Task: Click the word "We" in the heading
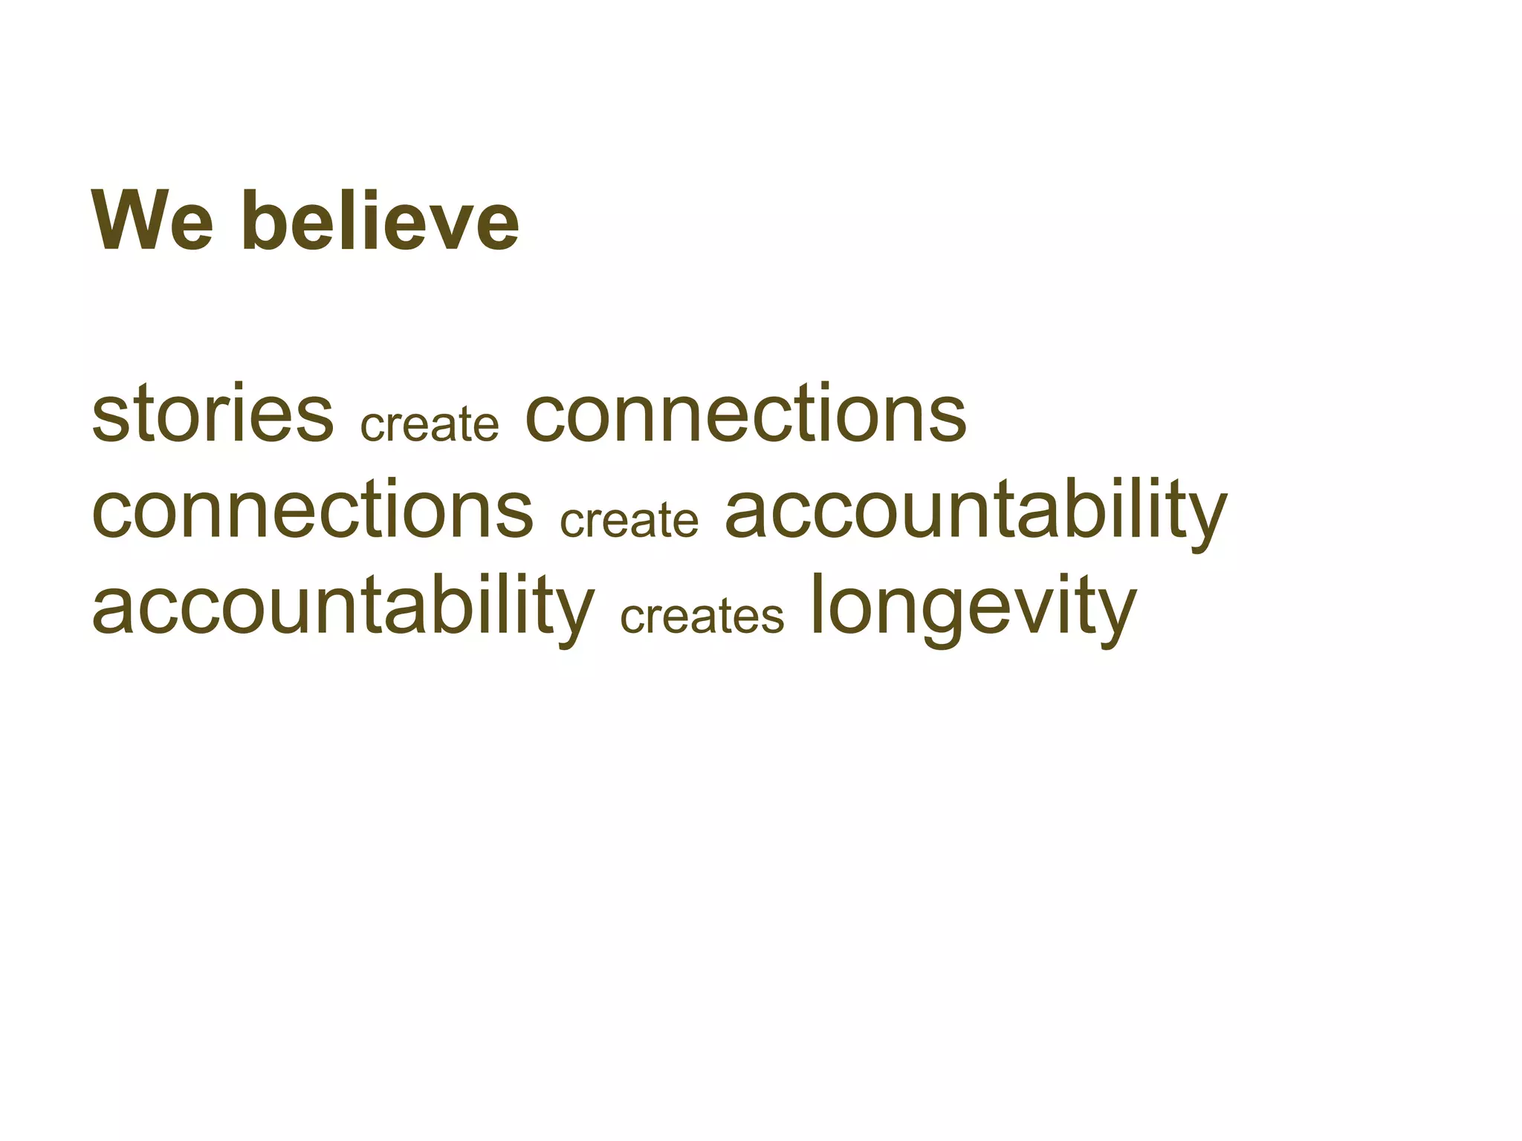click(153, 221)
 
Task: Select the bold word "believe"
click(380, 221)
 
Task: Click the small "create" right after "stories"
click(430, 424)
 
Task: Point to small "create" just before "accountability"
click(629, 519)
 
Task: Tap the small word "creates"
click(702, 616)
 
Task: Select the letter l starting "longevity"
click(816, 603)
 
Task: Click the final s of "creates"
click(772, 617)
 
